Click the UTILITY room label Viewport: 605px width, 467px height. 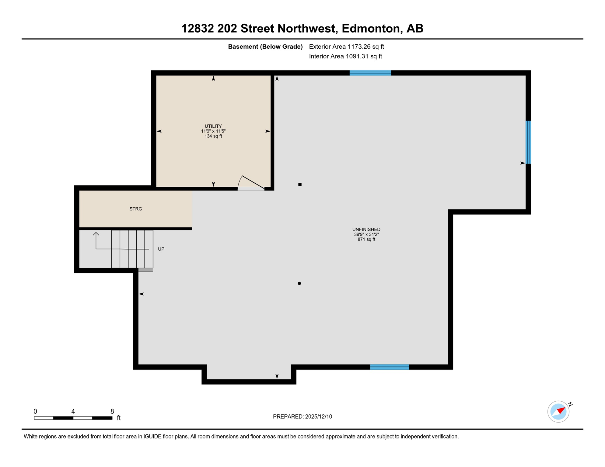pyautogui.click(x=213, y=126)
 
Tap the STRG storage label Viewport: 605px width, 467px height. pyautogui.click(x=136, y=209)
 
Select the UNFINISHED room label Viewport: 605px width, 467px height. pyautogui.click(x=366, y=230)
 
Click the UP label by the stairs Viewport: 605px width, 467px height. pyautogui.click(x=161, y=249)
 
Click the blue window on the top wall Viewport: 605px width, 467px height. pyautogui.click(x=370, y=73)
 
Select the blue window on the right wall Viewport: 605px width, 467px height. pyautogui.click(x=528, y=142)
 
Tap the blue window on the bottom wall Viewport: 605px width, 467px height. pyautogui.click(x=389, y=367)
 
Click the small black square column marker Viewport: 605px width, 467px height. pyautogui.click(x=300, y=185)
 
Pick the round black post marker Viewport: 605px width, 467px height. pyautogui.click(x=299, y=283)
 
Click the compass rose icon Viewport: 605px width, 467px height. pyautogui.click(x=558, y=412)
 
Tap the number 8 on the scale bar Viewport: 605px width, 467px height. pyautogui.click(x=112, y=411)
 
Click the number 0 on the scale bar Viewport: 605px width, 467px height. pyautogui.click(x=35, y=411)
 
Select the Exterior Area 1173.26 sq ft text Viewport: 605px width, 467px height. pyautogui.click(x=346, y=47)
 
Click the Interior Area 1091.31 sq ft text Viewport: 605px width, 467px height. pyautogui.click(x=345, y=56)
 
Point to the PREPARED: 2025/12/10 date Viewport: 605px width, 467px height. pyautogui.click(x=302, y=417)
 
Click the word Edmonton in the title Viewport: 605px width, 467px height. pyautogui.click(x=371, y=28)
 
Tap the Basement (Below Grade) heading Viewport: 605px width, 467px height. pyautogui.click(x=265, y=47)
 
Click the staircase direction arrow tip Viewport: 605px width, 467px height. pyautogui.click(x=96, y=233)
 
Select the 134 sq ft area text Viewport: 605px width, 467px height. pyautogui.click(x=213, y=136)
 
